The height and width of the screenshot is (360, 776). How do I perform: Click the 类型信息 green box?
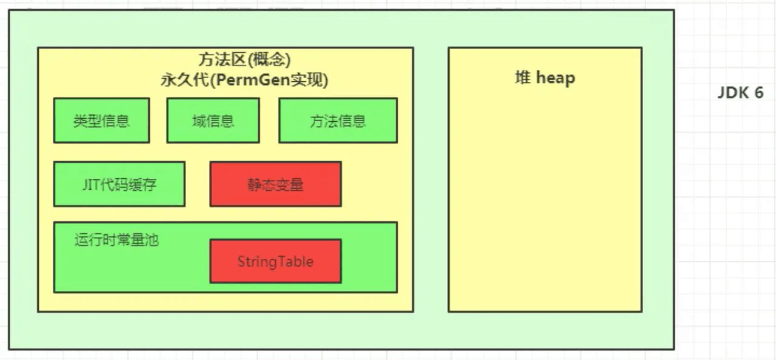point(101,121)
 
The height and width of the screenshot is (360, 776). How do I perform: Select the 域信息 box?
point(213,121)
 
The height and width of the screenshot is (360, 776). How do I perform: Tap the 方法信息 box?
point(338,121)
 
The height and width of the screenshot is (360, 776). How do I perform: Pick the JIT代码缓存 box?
point(119,184)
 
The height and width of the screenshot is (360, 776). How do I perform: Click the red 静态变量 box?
point(275,184)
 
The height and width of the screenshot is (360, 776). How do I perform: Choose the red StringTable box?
point(275,261)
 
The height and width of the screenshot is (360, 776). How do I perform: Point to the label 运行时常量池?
point(116,239)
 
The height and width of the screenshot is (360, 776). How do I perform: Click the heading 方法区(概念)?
point(245,60)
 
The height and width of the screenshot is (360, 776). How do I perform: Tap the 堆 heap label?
point(544,78)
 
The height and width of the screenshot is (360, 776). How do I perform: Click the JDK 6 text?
point(740,93)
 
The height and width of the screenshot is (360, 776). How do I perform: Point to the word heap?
point(555,78)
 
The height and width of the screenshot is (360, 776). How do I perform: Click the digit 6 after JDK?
point(758,93)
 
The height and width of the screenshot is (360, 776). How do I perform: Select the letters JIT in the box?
point(90,184)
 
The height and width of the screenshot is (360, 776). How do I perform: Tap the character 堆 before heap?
point(522,78)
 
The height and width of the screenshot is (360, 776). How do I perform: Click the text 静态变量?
point(275,184)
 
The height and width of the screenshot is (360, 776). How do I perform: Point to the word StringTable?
point(275,262)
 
